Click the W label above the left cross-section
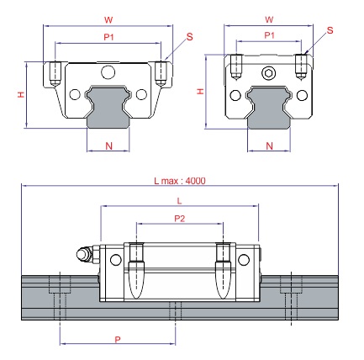coord(108,20)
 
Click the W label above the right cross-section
coord(269,19)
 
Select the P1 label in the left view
coord(108,37)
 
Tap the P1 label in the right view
coord(269,35)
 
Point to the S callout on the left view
coord(190,37)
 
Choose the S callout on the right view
coord(330,30)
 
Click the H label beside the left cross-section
coord(21,95)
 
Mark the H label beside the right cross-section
coord(200,92)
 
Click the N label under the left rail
coord(108,146)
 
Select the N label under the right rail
coord(269,146)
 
